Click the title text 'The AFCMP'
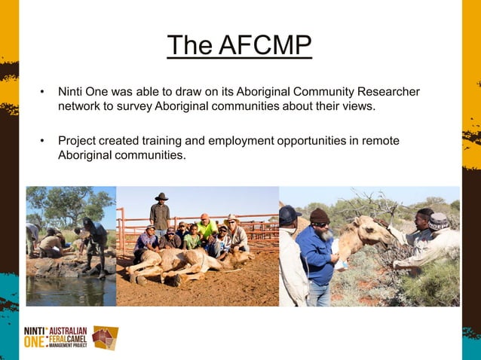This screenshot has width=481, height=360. pos(239,47)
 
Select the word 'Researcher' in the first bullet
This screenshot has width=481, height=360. pos(389,92)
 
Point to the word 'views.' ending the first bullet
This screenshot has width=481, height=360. pos(357,106)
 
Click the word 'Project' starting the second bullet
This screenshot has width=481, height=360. pos(78,141)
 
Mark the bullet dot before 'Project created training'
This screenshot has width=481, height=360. pos(43,141)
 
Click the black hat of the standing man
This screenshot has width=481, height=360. pos(161,197)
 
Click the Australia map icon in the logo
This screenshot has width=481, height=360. pos(105,337)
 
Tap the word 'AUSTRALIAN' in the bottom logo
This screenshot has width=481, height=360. pos(69,331)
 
